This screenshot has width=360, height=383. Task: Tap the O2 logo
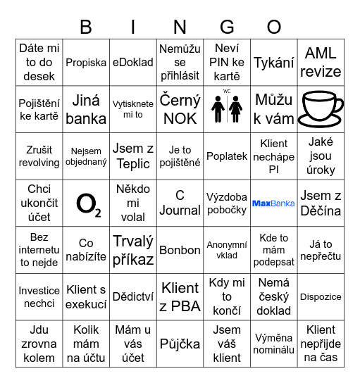click(x=87, y=204)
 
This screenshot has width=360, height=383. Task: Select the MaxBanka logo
click(x=273, y=203)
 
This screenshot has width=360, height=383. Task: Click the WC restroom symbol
click(x=227, y=107)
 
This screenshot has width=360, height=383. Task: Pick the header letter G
click(x=227, y=27)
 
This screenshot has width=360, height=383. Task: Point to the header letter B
click(x=86, y=27)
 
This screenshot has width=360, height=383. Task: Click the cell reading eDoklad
click(x=133, y=63)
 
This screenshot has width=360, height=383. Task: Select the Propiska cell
click(x=86, y=63)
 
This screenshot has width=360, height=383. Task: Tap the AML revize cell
click(x=321, y=63)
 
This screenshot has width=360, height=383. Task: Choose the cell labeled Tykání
click(x=273, y=63)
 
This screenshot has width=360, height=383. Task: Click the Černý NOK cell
click(x=180, y=109)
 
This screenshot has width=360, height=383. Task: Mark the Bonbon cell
click(x=180, y=250)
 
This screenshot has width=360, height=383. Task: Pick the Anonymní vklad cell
click(x=227, y=250)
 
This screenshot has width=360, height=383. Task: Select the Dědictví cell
click(x=133, y=297)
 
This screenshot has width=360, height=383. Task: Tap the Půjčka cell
click(x=180, y=344)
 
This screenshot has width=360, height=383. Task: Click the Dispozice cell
click(x=321, y=297)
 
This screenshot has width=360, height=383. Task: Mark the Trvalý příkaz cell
click(x=133, y=250)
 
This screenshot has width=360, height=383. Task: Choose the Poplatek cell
click(x=227, y=156)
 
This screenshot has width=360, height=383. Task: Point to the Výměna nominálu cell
click(x=273, y=344)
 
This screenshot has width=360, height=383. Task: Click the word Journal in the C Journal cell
click(x=180, y=210)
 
